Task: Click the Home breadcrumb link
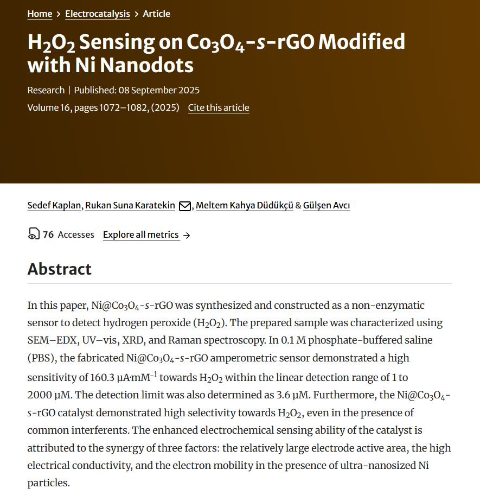pos(40,14)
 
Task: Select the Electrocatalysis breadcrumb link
pos(97,14)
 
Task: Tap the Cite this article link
pos(219,107)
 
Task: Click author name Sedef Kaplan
pos(55,205)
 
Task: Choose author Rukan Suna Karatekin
pos(131,205)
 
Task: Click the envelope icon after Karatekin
pos(185,206)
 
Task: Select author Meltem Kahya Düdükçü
pos(244,205)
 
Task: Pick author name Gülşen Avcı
pos(326,205)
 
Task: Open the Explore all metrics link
pos(141,234)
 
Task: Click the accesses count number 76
pos(48,234)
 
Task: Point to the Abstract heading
pos(60,269)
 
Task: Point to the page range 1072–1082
pos(124,107)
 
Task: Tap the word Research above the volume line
pos(46,90)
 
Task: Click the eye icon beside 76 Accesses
pos(34,234)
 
